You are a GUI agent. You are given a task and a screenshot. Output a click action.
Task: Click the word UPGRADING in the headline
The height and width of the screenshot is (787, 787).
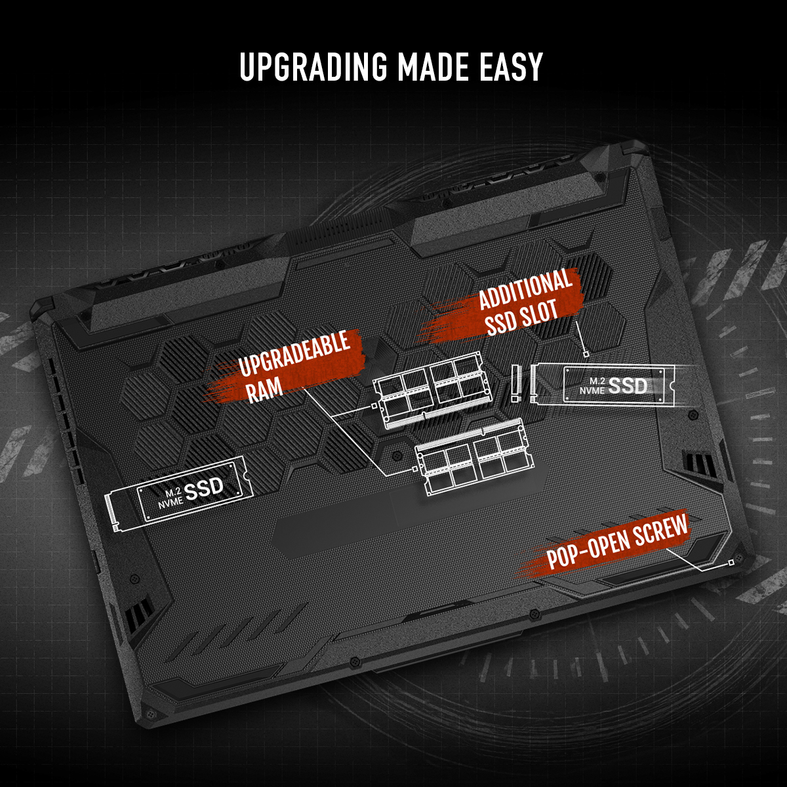coord(313,67)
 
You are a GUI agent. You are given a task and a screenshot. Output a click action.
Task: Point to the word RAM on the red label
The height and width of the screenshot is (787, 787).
coord(265,390)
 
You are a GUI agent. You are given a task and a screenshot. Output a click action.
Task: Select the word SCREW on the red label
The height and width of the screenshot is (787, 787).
coord(661,530)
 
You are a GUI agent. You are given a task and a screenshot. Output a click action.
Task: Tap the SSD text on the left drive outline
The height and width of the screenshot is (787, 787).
coord(204,489)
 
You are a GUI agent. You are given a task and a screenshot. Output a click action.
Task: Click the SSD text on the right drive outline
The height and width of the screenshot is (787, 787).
coord(628,386)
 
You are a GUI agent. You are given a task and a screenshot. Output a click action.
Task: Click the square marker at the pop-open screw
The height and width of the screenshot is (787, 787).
coord(731,563)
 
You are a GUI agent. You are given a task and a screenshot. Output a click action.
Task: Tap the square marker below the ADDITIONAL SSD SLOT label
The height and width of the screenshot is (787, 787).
coord(586,354)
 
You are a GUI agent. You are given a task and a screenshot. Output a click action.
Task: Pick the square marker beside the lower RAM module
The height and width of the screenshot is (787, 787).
coord(415,469)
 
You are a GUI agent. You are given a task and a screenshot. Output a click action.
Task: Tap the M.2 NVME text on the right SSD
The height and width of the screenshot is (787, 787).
coord(593,386)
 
